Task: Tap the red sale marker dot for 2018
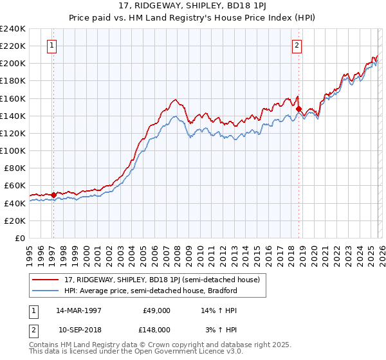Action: pyautogui.click(x=299, y=109)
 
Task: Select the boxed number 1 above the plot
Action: pyautogui.click(x=51, y=45)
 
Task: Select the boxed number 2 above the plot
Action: pyautogui.click(x=297, y=45)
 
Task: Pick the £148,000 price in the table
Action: pyautogui.click(x=157, y=329)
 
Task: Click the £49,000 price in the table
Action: pyautogui.click(x=157, y=310)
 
